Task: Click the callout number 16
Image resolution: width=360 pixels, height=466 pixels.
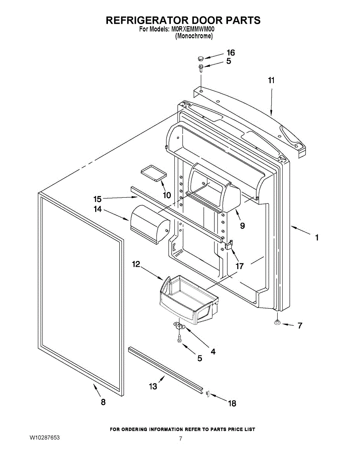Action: click(x=231, y=53)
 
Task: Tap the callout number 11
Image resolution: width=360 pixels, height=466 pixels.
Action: click(x=271, y=80)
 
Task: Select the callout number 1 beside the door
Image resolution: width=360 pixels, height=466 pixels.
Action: click(x=317, y=237)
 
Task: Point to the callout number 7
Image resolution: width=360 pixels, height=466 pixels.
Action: click(x=300, y=326)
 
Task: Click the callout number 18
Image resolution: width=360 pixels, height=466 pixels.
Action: click(x=232, y=403)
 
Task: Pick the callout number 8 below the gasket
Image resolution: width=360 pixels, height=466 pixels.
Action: click(x=103, y=402)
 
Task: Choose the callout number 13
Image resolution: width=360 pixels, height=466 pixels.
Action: click(x=153, y=386)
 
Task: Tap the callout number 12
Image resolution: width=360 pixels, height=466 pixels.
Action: click(x=136, y=264)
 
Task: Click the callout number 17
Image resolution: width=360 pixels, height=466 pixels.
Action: click(x=240, y=266)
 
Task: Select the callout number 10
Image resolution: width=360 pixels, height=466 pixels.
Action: click(x=167, y=195)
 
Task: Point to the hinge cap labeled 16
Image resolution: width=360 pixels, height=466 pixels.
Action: click(x=200, y=59)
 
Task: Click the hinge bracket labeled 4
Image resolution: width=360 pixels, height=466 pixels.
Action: click(x=180, y=325)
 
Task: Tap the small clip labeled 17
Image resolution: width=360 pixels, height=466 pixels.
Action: click(x=229, y=245)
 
